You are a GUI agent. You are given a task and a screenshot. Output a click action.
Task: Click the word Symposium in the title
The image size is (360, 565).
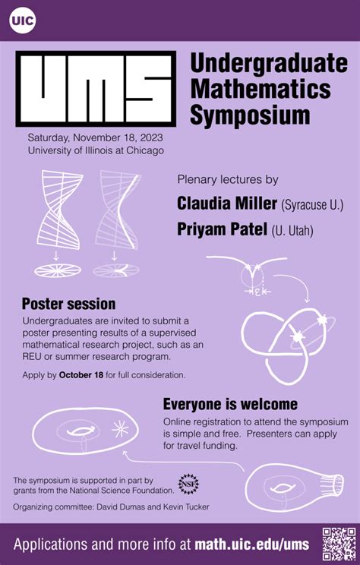(250, 115)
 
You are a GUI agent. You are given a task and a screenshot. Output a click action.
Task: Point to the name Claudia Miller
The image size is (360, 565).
(226, 204)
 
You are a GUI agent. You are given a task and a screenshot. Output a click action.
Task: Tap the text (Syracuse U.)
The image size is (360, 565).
(312, 205)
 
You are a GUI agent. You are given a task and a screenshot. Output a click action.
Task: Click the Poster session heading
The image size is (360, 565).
(68, 304)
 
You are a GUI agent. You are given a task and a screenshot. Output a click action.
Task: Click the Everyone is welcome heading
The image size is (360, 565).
(230, 404)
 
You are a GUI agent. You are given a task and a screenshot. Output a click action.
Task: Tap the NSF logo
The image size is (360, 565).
(188, 484)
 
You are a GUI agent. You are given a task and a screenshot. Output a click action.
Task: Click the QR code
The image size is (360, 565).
(338, 543)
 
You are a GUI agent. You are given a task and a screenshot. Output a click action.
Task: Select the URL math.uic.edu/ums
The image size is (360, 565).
(251, 544)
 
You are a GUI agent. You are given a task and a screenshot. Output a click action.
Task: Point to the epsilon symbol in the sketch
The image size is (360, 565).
(259, 291)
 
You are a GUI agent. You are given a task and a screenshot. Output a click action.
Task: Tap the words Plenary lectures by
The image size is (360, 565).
(227, 180)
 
